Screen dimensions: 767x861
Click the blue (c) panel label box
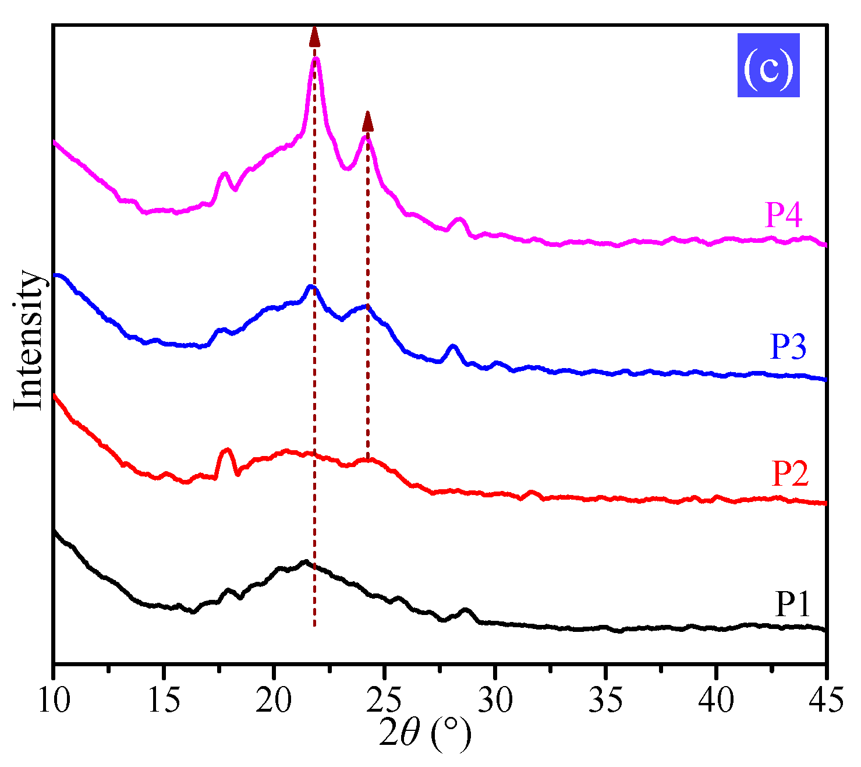pyautogui.click(x=768, y=65)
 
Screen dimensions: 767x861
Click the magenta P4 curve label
pyautogui.click(x=783, y=215)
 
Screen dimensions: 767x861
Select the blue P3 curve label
pyautogui.click(x=788, y=347)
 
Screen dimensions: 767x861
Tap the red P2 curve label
pyautogui.click(x=790, y=473)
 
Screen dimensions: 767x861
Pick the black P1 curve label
pyautogui.click(x=792, y=604)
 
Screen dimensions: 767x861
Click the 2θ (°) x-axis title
pyautogui.click(x=424, y=734)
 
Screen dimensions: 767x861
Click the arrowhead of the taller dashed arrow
pyautogui.click(x=314, y=36)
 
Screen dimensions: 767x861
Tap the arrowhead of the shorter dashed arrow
pyautogui.click(x=367, y=121)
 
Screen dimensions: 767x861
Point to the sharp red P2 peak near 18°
pyautogui.click(x=227, y=450)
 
